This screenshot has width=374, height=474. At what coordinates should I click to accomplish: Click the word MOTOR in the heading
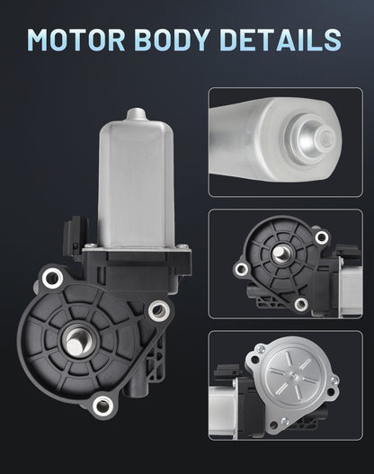(76, 40)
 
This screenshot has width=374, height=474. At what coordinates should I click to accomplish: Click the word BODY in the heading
(172, 40)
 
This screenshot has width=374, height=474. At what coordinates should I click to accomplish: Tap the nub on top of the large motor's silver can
(137, 114)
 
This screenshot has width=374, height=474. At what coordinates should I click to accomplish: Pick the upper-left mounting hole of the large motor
(52, 278)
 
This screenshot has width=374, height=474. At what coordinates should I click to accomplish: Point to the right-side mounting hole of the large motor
(159, 309)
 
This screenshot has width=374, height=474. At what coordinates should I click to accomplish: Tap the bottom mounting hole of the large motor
(102, 405)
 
